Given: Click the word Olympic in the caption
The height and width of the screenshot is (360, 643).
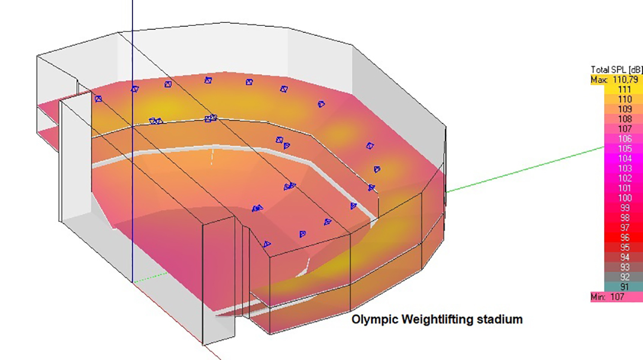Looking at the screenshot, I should (369, 319).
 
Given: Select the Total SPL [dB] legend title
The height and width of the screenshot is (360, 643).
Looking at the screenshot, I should (617, 70).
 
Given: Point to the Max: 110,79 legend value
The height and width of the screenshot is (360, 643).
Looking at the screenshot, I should (617, 80).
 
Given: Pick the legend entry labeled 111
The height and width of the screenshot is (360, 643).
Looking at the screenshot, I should (624, 90).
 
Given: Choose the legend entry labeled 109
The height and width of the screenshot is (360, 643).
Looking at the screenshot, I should (624, 110).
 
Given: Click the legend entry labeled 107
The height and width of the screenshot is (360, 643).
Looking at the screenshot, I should (624, 129).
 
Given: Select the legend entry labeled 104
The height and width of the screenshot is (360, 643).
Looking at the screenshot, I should (624, 159).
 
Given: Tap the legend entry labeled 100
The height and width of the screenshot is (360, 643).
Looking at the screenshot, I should (624, 198).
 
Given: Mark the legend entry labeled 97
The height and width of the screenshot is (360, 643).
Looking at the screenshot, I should (624, 228).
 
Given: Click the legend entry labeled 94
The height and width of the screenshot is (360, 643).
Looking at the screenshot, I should (624, 257).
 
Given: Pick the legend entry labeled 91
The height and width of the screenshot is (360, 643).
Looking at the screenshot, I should (624, 287).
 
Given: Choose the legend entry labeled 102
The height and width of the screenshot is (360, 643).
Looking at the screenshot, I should (624, 179).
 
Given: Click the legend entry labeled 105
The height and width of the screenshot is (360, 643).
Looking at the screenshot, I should (624, 149).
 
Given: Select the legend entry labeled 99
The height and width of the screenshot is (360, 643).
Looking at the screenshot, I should (624, 208).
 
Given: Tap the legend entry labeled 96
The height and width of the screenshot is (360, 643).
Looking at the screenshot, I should (624, 238).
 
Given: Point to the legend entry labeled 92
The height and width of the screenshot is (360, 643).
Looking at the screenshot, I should (624, 277).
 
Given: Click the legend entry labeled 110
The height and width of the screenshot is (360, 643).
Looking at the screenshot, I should (624, 100).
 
